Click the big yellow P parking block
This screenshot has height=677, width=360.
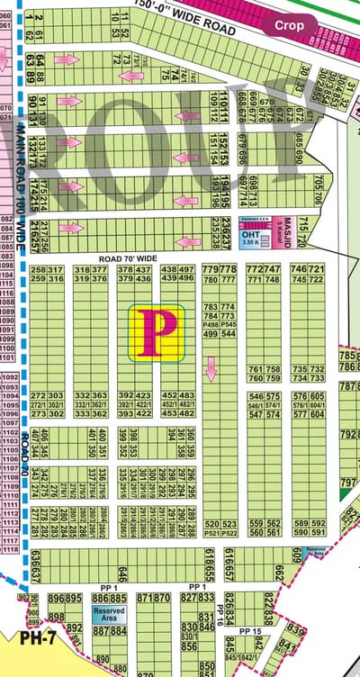[x=157, y=333]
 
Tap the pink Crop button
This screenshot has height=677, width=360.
[x=289, y=26]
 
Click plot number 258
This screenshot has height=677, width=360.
[x=38, y=269]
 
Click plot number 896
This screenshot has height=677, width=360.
[x=54, y=599]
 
